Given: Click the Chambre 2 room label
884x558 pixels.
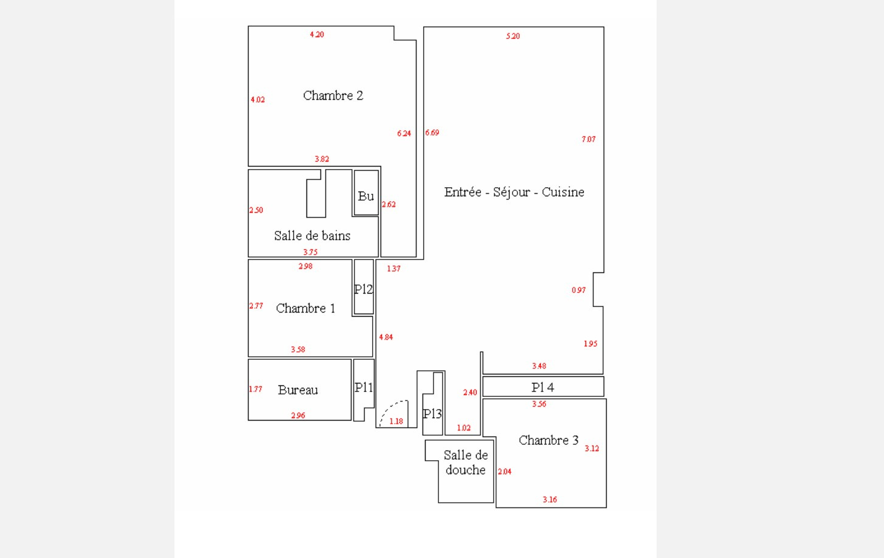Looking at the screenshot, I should pos(333,95).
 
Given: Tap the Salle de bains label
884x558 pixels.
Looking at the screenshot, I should pos(312,236).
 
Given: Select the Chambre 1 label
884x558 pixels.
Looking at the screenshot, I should pos(305,308).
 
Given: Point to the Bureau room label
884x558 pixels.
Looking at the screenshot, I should pos(298,390).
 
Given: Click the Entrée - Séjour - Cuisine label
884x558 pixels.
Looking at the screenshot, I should pos(514,192).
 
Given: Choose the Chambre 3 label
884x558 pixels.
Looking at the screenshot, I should pos(548,440).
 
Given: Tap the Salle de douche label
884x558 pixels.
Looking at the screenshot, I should pos(465,463).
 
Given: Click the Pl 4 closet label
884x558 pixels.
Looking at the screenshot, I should pos(542,387).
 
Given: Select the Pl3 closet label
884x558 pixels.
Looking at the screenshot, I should pos(432,414).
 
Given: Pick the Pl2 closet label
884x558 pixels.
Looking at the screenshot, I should pos(364,289).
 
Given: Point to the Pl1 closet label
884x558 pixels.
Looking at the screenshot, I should pos(364,387).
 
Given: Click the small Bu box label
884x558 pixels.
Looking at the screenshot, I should pos(366,196).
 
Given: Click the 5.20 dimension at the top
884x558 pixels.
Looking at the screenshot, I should pos(513,36).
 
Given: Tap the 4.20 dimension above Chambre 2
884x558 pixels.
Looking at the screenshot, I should pos(317,35).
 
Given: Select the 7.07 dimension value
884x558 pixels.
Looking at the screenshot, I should pos(589,139).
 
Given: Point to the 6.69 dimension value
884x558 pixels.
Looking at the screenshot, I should pos(432,133).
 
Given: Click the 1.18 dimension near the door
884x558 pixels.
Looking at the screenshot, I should pos(396,421).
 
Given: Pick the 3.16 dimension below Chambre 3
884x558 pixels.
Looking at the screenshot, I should pos(550,500).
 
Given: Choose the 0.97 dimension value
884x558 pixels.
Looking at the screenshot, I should pos(579,291).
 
